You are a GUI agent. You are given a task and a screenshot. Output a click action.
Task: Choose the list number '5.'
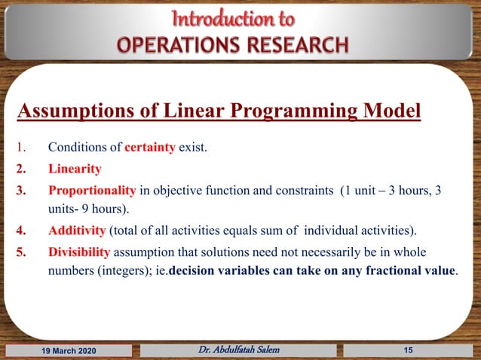point(23,251)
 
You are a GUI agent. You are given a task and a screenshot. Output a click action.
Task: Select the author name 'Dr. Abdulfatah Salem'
point(240,349)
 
